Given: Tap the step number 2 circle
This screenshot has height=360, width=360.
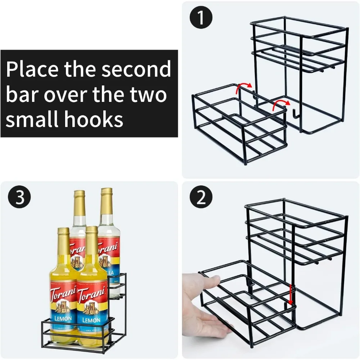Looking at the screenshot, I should (202, 198).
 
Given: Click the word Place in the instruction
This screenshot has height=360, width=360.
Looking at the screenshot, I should (32, 70).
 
